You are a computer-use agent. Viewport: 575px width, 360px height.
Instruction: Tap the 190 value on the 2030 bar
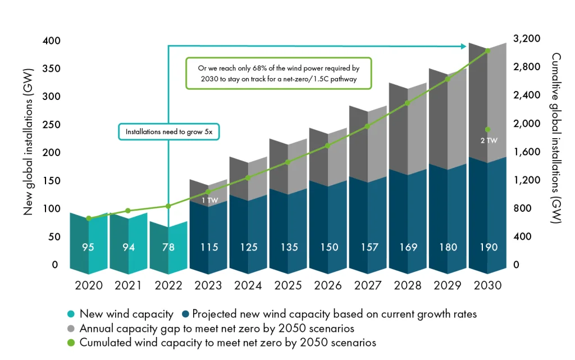coord(489,248)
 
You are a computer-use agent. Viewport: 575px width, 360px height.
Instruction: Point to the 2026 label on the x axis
coord(328,286)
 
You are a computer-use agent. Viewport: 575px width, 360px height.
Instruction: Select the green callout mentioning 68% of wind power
coord(279,74)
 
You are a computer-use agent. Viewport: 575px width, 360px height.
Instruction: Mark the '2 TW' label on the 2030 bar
coord(489,140)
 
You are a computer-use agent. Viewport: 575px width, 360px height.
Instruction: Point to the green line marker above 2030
coord(487,51)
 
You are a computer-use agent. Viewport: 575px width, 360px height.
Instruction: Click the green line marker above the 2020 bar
coord(89,218)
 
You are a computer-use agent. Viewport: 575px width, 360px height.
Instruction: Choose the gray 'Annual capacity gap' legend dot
coord(70,329)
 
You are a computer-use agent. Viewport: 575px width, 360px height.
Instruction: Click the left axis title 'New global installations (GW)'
coord(29,141)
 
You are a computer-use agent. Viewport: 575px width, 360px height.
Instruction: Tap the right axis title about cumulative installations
coord(556,139)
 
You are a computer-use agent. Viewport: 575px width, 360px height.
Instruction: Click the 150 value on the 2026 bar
coord(328,248)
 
